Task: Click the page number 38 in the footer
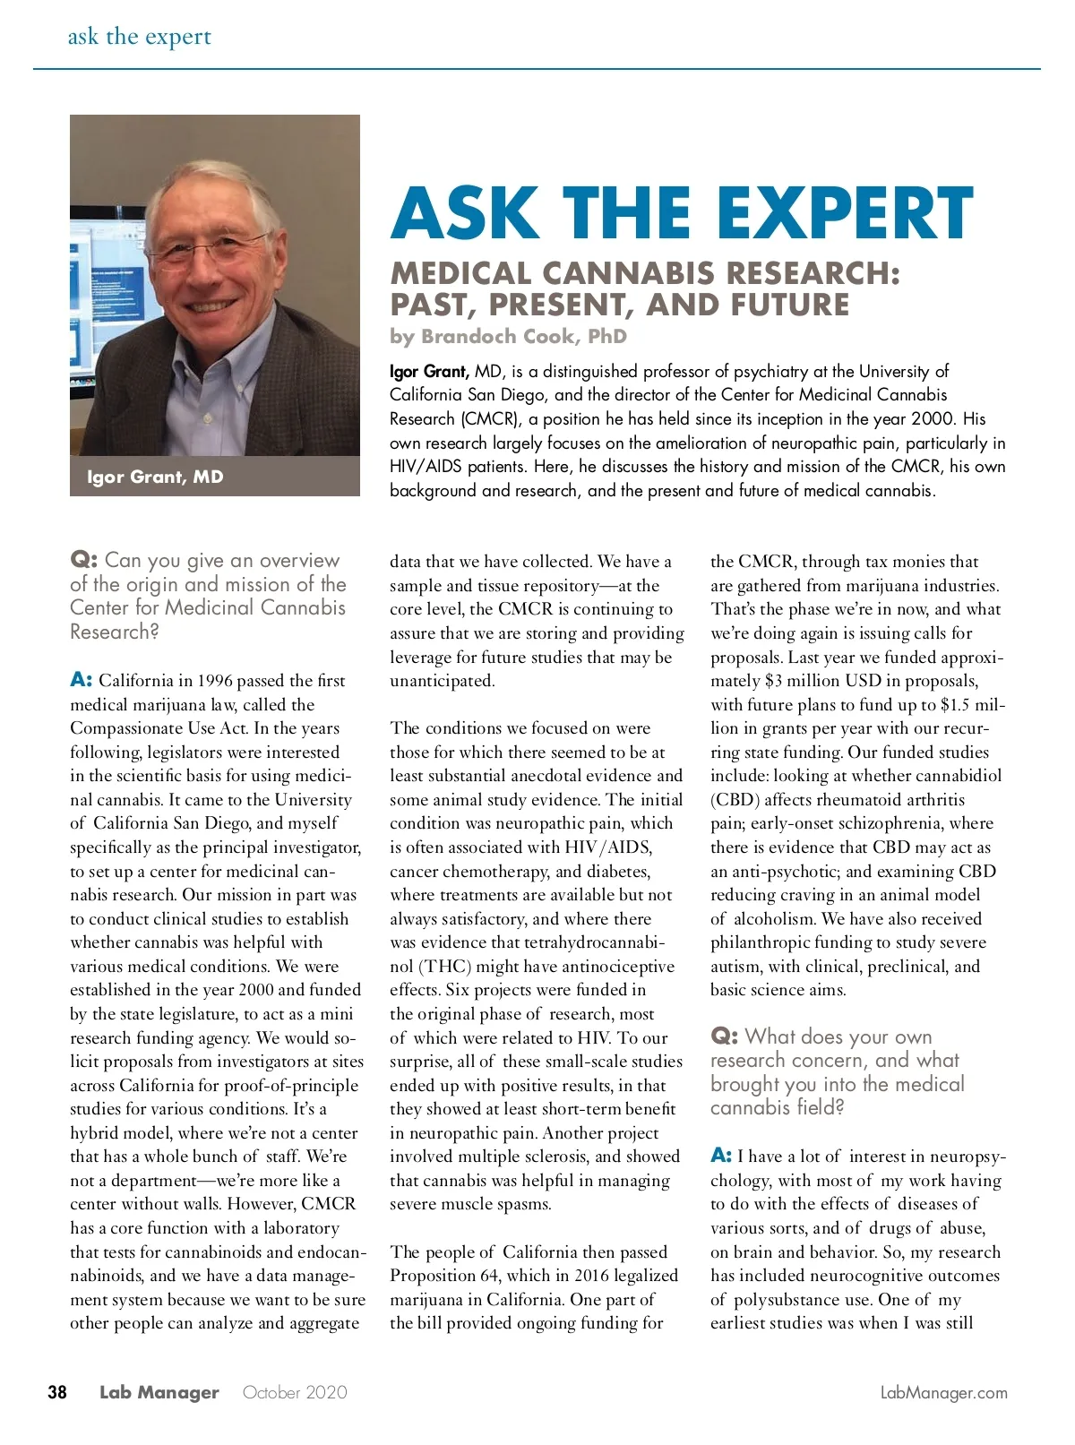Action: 57,1392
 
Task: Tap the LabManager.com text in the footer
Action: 943,1393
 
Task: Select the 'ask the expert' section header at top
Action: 140,37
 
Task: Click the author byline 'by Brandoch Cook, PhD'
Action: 508,337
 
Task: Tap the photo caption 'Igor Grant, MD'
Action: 155,477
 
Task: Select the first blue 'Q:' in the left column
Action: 83,561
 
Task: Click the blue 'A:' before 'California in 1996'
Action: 82,680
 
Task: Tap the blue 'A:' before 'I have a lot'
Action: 721,1156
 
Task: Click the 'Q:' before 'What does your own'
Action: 724,1036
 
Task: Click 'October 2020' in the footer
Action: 295,1393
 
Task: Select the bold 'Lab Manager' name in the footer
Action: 159,1393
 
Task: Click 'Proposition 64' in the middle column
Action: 443,1276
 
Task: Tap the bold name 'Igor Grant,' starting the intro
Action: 429,371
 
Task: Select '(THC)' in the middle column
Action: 444,967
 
